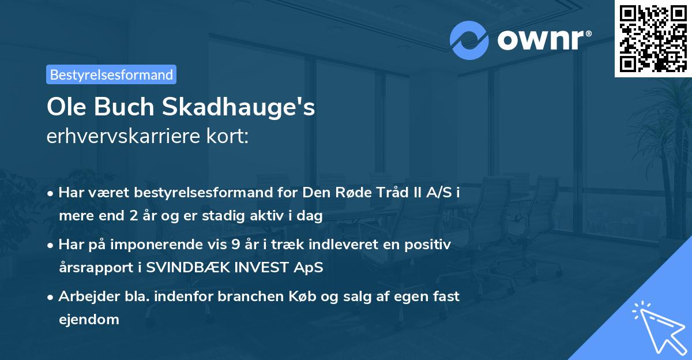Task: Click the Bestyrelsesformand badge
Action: [x=111, y=74]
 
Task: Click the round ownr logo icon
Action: [x=469, y=40]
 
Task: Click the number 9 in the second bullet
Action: [x=236, y=245]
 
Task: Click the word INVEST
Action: [x=259, y=268]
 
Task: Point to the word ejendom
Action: [x=89, y=319]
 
